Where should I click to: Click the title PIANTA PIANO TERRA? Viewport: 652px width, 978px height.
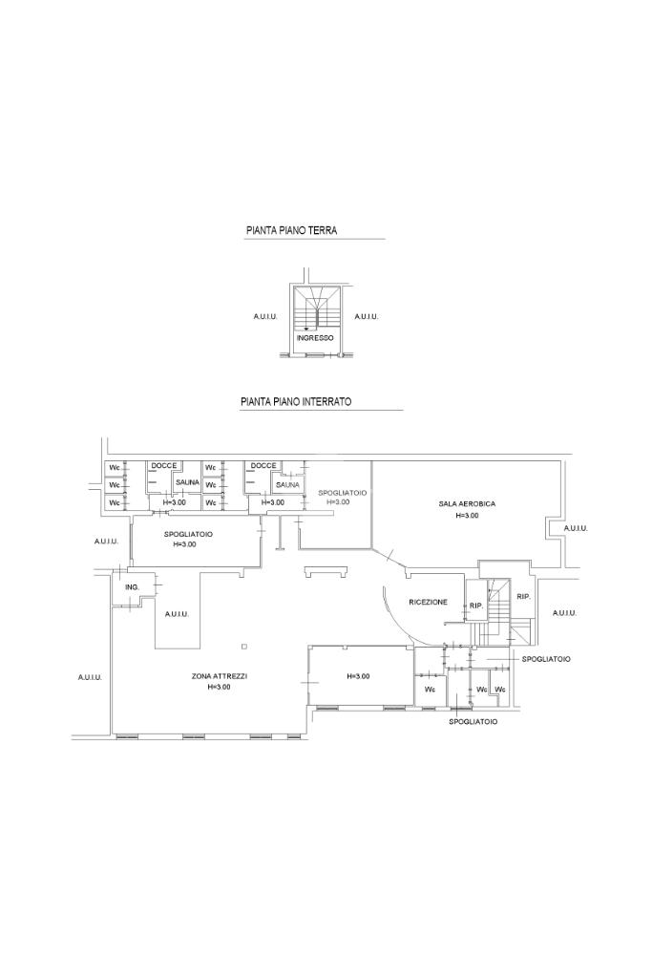(292, 231)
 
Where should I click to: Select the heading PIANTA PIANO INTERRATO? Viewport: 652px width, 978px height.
(296, 402)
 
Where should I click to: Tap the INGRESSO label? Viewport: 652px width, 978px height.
(315, 338)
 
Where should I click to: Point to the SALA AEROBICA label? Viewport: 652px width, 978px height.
(467, 504)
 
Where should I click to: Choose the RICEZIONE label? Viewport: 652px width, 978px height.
(429, 602)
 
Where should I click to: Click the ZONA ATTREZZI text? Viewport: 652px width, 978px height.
(220, 676)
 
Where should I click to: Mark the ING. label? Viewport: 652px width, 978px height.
(132, 587)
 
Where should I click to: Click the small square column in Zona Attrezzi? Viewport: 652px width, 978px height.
(245, 646)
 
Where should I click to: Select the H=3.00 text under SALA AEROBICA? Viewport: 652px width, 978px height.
(467, 515)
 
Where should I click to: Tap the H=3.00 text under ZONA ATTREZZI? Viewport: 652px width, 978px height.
(220, 687)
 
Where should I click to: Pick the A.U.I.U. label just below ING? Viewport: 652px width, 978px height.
(177, 614)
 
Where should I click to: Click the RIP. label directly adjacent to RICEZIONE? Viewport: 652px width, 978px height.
(476, 606)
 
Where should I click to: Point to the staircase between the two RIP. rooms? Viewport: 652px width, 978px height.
(498, 612)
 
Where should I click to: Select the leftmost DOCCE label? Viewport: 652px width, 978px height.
(164, 466)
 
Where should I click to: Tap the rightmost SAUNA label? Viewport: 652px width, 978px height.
(287, 484)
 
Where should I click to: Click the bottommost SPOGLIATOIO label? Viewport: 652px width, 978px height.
(473, 722)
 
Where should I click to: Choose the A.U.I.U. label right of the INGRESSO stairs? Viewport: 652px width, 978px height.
(367, 317)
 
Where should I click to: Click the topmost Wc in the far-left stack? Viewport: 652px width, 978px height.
(114, 468)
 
